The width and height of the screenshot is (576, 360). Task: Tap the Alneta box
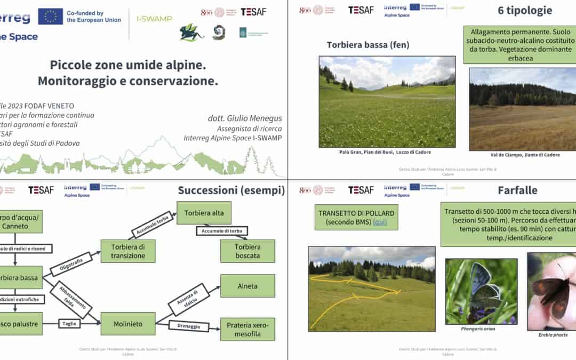click(x=247, y=286)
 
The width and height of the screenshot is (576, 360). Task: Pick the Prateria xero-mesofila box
click(x=247, y=329)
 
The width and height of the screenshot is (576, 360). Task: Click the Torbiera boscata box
click(x=247, y=251)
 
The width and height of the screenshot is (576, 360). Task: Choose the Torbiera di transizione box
click(x=128, y=251)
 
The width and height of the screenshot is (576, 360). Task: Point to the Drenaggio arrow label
click(x=188, y=325)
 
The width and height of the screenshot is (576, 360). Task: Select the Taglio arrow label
click(x=72, y=323)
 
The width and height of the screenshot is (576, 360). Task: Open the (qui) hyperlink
click(x=380, y=222)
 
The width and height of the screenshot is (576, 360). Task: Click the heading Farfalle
click(x=517, y=190)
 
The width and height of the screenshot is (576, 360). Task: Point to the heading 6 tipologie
click(x=525, y=10)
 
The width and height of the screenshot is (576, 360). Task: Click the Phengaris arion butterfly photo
click(x=481, y=291)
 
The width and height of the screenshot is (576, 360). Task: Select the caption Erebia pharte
click(x=553, y=335)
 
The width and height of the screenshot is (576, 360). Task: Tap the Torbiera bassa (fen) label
click(x=368, y=45)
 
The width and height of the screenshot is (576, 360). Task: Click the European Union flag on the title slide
click(x=51, y=17)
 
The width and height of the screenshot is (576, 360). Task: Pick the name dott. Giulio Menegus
click(x=245, y=118)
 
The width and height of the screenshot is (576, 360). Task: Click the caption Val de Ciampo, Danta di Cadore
click(x=525, y=155)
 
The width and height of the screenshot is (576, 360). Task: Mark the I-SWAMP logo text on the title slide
click(x=154, y=19)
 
